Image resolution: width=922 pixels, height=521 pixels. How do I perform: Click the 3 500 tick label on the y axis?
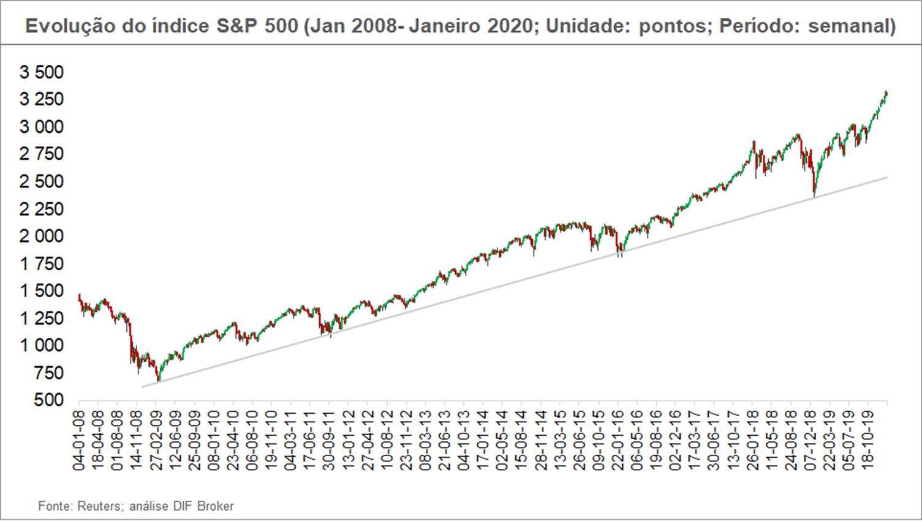[x=42, y=72]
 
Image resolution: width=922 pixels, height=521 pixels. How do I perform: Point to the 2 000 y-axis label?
[x=42, y=236]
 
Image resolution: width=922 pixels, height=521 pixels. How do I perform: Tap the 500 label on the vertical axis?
[x=50, y=400]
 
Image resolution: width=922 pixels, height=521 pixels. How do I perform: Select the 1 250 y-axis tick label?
[x=42, y=318]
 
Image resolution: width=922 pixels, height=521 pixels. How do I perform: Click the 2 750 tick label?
[x=42, y=154]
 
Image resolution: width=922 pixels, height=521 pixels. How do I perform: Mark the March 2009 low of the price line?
[x=158, y=381]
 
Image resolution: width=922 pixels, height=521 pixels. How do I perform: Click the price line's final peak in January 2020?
[x=885, y=92]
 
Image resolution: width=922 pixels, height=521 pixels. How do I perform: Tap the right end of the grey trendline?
[x=887, y=178]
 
